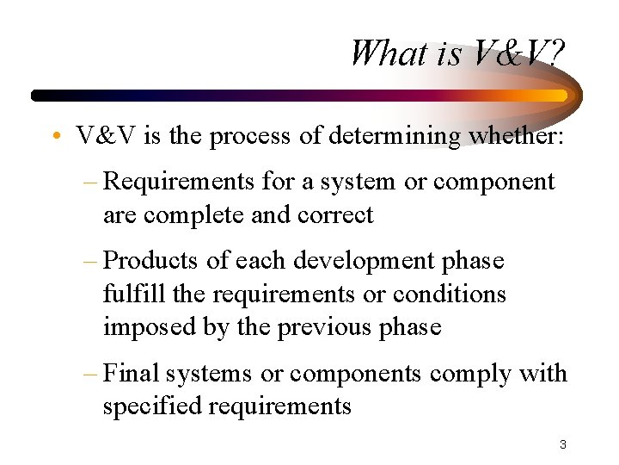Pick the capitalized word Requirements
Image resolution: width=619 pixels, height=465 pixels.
[176, 183]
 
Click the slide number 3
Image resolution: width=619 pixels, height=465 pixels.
[562, 445]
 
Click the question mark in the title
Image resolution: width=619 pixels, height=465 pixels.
[555, 53]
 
